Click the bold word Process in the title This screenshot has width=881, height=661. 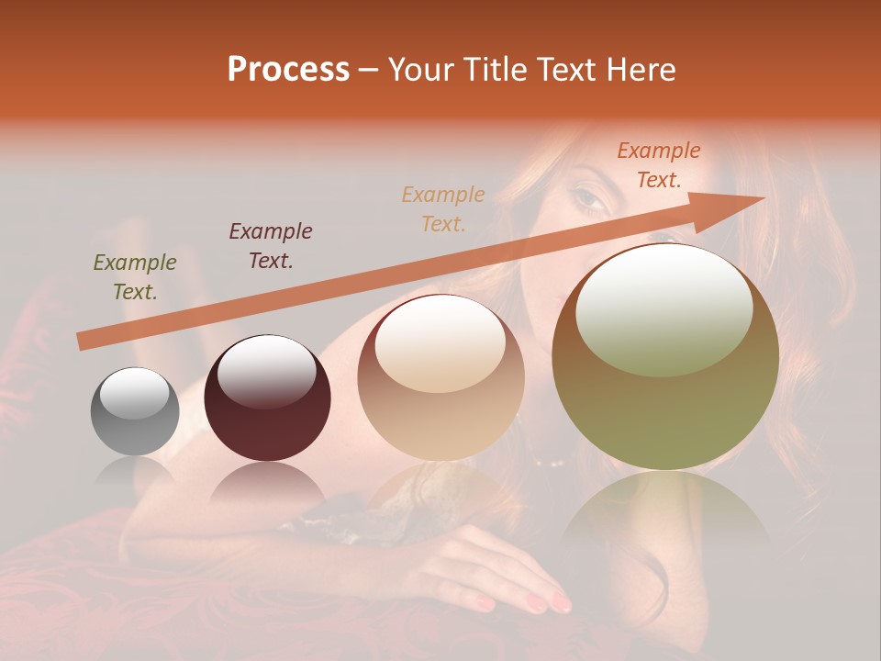(x=288, y=70)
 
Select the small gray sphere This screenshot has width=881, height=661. (x=135, y=412)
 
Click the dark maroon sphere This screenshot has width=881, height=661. (x=267, y=398)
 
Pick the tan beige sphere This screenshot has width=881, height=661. (x=441, y=377)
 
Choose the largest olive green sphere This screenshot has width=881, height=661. (x=665, y=357)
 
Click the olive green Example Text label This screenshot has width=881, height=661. (x=135, y=277)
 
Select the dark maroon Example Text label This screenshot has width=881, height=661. (x=271, y=245)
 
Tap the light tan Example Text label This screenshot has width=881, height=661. (x=443, y=208)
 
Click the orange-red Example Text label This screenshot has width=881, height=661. (x=658, y=165)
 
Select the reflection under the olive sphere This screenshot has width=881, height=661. (x=665, y=510)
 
